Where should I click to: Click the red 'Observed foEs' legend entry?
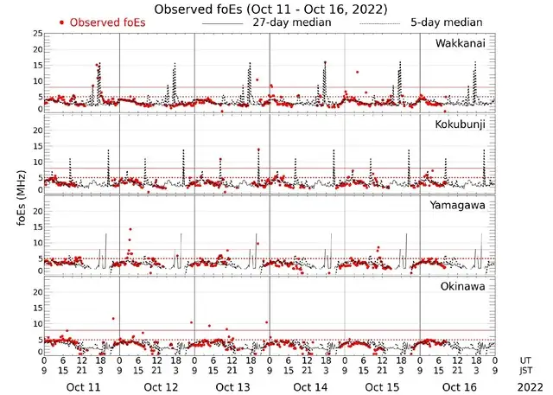100,22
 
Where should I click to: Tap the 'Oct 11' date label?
83,387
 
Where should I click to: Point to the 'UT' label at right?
527,360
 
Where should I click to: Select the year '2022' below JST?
528,387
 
